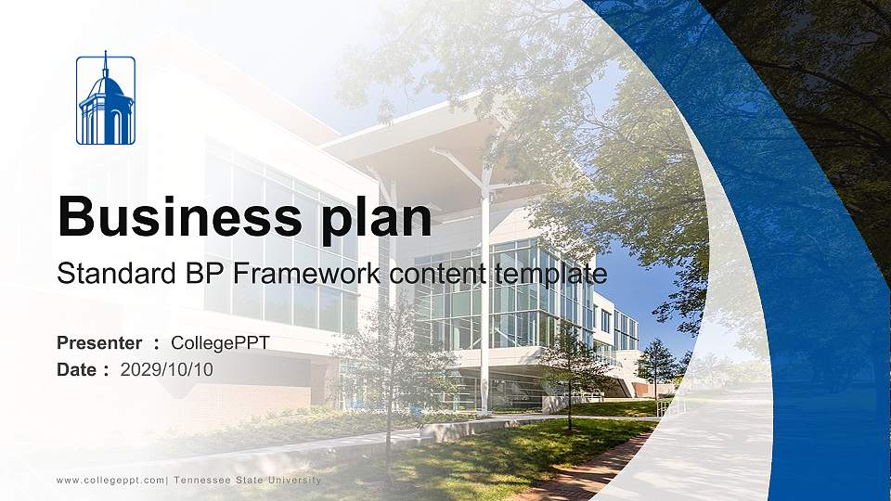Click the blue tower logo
pyautogui.click(x=105, y=100)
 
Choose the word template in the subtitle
pyautogui.click(x=549, y=274)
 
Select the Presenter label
pyautogui.click(x=99, y=343)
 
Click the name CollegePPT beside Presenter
pyautogui.click(x=221, y=343)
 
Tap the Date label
pyautogui.click(x=77, y=370)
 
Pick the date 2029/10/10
pyautogui.click(x=167, y=370)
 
